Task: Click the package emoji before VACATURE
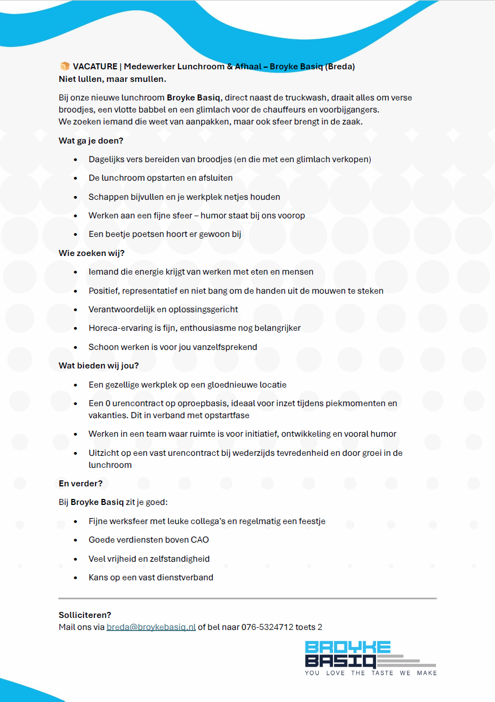click(64, 67)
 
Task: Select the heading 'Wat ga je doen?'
click(91, 140)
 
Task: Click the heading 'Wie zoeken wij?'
click(92, 253)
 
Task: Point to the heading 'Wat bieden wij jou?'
click(99, 365)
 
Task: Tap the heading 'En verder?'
click(81, 483)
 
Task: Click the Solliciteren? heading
click(85, 615)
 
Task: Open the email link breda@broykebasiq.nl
click(151, 627)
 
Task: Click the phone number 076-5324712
click(267, 627)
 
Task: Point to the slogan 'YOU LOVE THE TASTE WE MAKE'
click(371, 673)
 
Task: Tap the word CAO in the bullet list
click(199, 540)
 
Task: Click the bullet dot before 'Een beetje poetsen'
click(76, 234)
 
